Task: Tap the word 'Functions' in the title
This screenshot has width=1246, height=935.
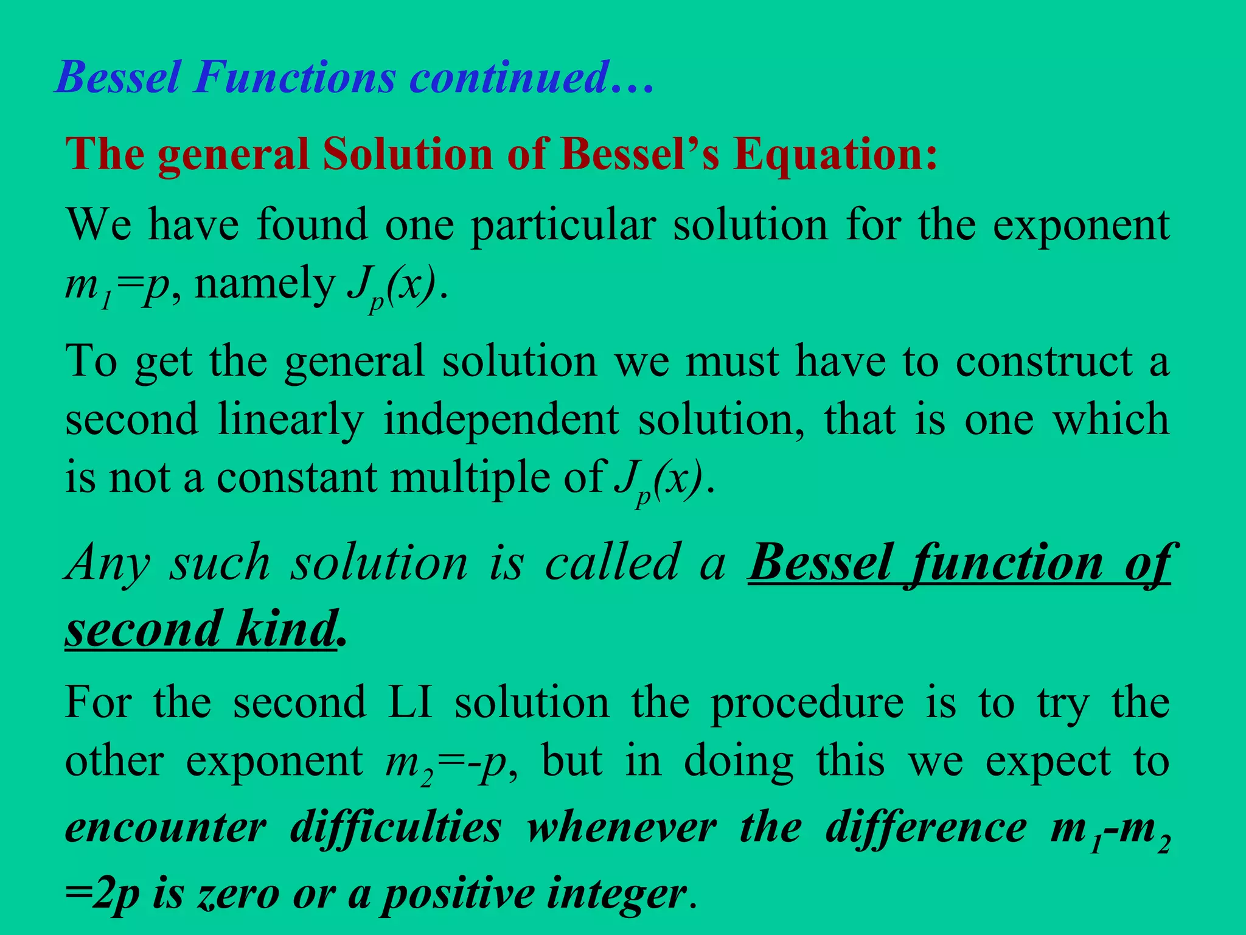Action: coord(295,77)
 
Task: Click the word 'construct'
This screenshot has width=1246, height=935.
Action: coord(1044,362)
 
